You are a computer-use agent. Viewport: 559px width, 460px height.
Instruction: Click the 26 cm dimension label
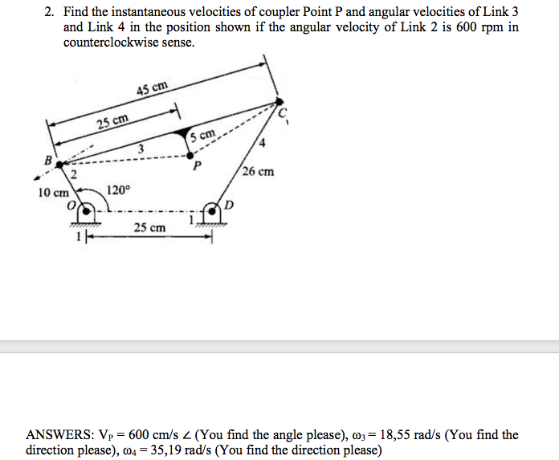click(x=258, y=171)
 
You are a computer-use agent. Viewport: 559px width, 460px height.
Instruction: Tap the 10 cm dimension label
click(x=53, y=193)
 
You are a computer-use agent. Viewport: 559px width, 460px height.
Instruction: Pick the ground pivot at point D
click(x=211, y=213)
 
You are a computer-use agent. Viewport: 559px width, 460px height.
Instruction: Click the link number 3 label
click(x=141, y=148)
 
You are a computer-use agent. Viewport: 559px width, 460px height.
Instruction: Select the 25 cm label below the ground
click(x=150, y=228)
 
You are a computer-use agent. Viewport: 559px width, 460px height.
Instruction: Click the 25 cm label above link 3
click(x=112, y=122)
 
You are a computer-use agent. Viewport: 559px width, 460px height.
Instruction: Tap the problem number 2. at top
click(x=50, y=13)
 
